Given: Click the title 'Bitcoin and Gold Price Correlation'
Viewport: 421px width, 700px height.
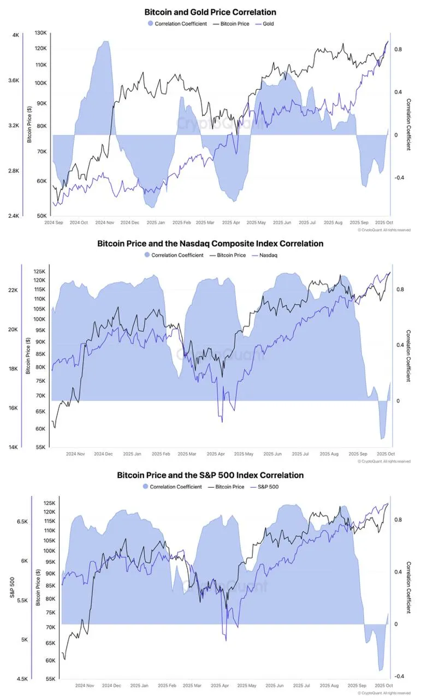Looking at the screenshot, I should [x=210, y=12].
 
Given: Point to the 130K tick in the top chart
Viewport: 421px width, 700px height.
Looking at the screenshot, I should [x=41, y=33].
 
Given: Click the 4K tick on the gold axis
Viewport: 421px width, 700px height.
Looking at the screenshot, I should [x=16, y=36].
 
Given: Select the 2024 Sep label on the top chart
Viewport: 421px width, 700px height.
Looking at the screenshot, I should [x=54, y=223].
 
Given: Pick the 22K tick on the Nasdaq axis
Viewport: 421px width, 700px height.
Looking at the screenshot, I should [x=14, y=290].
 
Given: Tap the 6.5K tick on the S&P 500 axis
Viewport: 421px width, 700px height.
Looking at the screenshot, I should [x=22, y=522].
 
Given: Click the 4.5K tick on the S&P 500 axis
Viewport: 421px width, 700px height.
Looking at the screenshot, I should [x=22, y=679].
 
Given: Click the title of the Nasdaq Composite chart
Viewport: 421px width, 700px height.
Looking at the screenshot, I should [x=210, y=243].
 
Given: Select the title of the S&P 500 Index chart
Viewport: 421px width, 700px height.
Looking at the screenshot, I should [x=210, y=475].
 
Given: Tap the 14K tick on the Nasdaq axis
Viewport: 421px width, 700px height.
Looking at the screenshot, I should [x=14, y=447].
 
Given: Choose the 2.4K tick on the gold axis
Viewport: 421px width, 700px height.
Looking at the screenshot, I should [x=14, y=216].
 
